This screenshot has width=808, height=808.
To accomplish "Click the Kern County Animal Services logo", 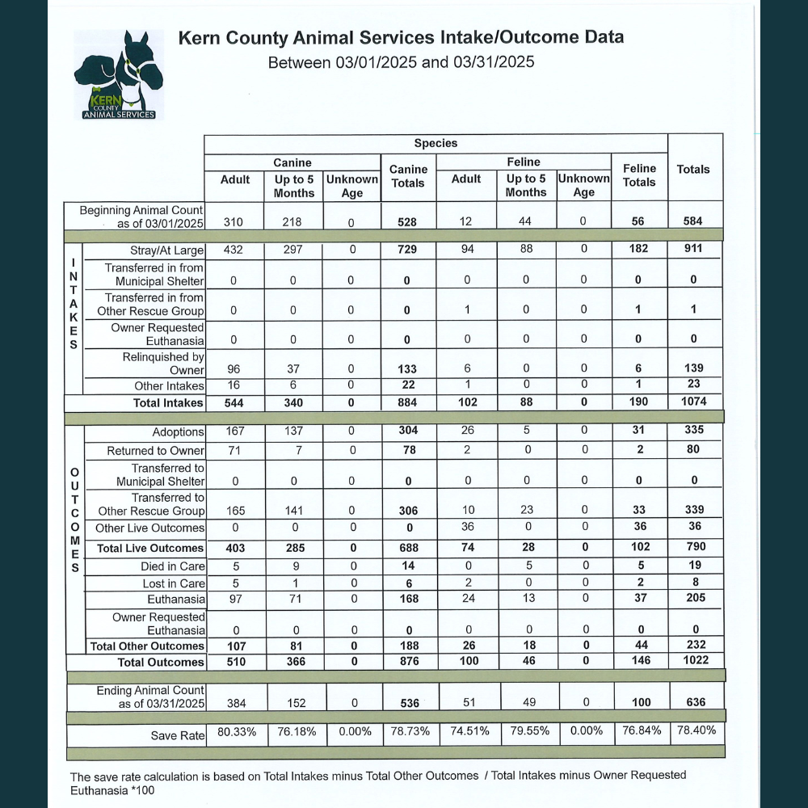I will pos(118,74).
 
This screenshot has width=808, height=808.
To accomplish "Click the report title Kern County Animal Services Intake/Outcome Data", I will pos(400,38).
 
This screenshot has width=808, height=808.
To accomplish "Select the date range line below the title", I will pos(401,62).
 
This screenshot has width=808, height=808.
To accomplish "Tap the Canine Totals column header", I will pos(408,176).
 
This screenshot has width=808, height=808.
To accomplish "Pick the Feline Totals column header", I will pos(639,175).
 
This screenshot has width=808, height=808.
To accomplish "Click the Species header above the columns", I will pos(436,143).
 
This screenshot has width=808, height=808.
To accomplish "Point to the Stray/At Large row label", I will pos(167,250).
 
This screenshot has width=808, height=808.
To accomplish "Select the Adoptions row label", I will pos(179,433).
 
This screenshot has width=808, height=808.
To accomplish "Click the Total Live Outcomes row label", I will pos(150,549).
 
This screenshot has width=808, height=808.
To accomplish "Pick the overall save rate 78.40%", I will pos(695,731).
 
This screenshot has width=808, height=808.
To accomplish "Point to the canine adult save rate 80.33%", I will pos(237,732).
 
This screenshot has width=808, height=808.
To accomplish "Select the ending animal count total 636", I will pos(695,703).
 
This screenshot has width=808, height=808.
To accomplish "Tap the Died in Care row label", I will pos(173,567).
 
